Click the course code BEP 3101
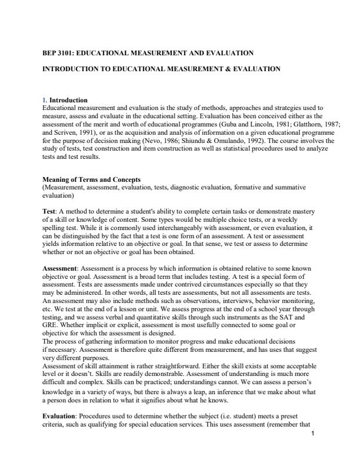58,53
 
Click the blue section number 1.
45,101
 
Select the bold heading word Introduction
68,101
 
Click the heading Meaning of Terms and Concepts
91,179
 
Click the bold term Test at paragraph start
50,211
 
